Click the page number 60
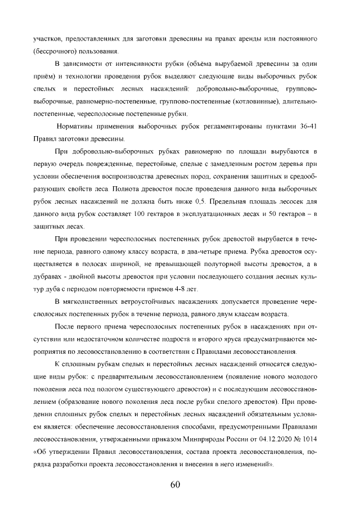(x=175, y=485)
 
